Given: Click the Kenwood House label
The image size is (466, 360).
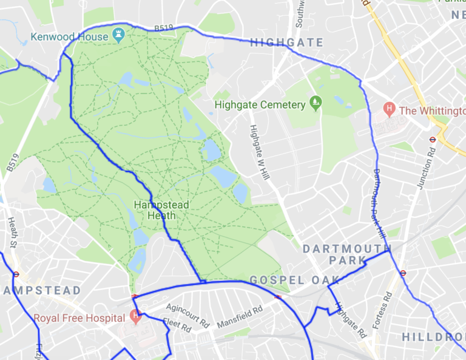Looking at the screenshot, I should coord(70,37).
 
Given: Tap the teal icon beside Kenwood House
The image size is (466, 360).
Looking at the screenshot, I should coord(119,35).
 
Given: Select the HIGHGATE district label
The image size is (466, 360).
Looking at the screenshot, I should coord(286,42).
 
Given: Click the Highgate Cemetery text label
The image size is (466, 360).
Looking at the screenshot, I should coord(261,105).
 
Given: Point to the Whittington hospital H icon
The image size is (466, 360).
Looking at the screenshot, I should coord(389,110).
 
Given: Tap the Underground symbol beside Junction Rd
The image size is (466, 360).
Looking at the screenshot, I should coord(432,139).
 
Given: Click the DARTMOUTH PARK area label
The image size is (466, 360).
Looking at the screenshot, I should coord(347,254).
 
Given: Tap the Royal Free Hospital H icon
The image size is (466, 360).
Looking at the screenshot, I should coord(135,316).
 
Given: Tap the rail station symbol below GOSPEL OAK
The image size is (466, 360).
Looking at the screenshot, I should coord(278,297).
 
